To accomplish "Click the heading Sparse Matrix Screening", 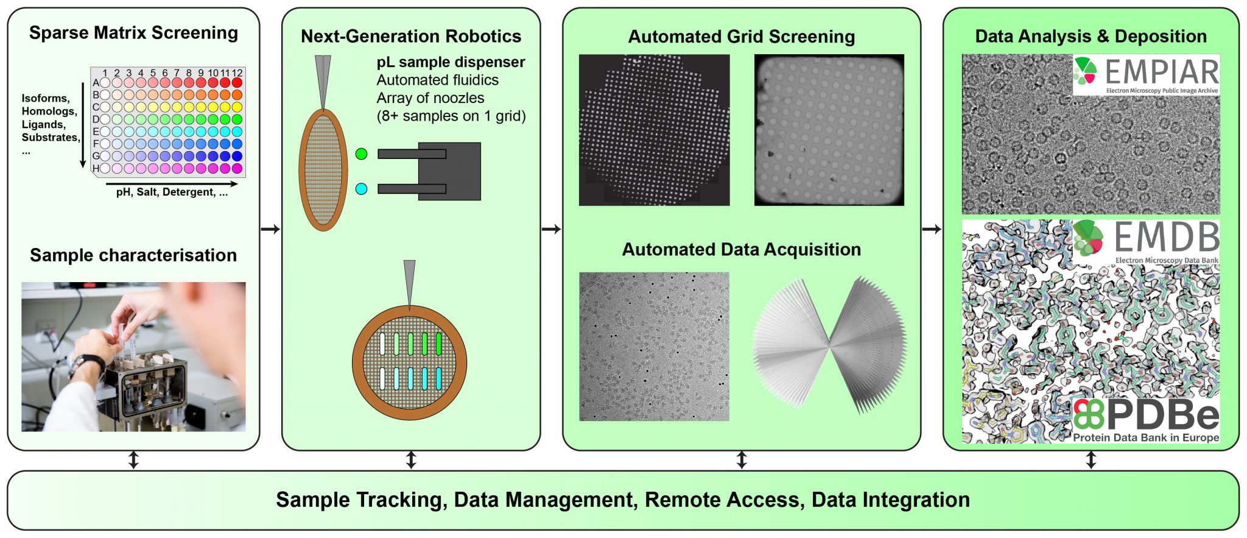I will click(x=133, y=33).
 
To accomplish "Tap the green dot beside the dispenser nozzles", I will click(x=361, y=154).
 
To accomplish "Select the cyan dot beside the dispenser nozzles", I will click(x=361, y=189).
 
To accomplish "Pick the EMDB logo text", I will click(x=1166, y=238).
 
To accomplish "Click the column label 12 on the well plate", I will click(x=237, y=73).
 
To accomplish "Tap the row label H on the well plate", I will click(x=96, y=168).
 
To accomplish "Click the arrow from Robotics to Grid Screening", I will click(x=551, y=229).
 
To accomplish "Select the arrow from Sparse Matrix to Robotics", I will click(x=270, y=229).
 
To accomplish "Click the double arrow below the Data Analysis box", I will click(x=1091, y=460).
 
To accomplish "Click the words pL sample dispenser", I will click(x=451, y=62).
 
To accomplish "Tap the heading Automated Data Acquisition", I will click(x=741, y=249).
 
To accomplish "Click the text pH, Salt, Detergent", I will click(x=172, y=192).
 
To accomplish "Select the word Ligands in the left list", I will click(x=43, y=124).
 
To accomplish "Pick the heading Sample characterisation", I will click(x=133, y=255).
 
